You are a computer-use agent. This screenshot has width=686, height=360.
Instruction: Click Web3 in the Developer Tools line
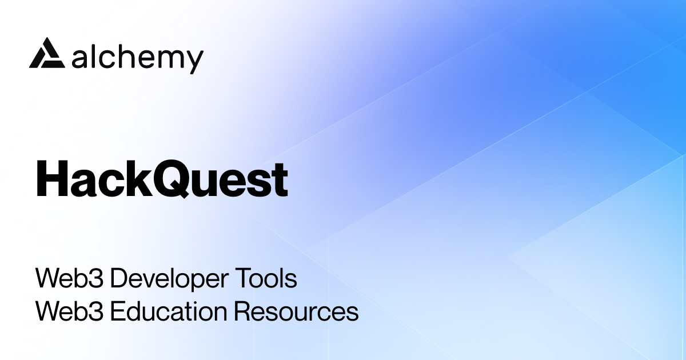69,279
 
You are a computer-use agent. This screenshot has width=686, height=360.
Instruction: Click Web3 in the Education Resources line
69,312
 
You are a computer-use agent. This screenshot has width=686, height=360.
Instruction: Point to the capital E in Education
115,312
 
